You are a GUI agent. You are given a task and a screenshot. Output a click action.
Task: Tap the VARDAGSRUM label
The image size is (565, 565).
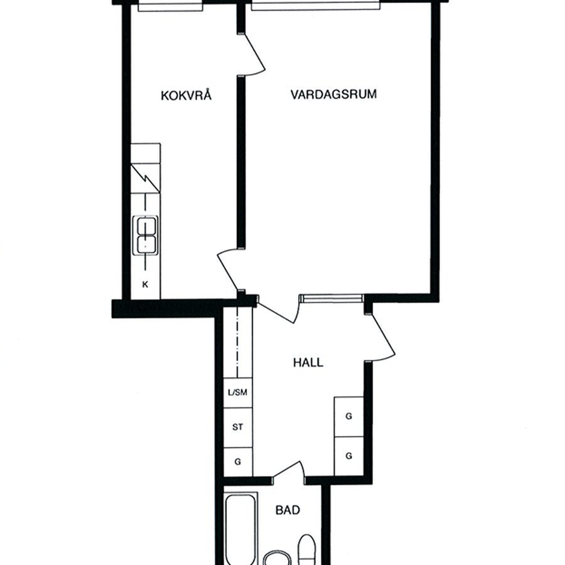coord(334,95)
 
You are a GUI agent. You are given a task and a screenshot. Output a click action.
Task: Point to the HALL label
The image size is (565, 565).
coord(308,363)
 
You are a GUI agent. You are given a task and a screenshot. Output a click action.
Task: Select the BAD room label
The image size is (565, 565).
coord(288,510)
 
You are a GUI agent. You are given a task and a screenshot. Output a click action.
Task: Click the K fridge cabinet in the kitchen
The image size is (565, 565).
coord(145,284)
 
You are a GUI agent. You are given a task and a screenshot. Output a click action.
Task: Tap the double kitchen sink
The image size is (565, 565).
coord(145,235)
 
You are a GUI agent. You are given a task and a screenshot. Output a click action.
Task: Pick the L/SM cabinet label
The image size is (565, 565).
coord(237,392)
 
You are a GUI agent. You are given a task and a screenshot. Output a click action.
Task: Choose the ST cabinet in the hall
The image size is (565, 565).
coord(238,428)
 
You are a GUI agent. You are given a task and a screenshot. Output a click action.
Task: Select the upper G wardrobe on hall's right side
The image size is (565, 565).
coord(349,417)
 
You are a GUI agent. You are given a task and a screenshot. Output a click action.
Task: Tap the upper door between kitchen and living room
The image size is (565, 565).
coord(254,55)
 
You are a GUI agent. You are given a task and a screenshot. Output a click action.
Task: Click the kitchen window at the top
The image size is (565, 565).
coord(170,7)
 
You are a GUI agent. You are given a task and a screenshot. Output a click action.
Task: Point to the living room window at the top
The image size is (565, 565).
coord(316,6)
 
